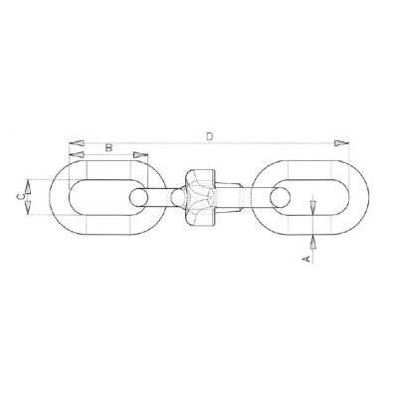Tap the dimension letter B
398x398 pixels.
coord(106,148)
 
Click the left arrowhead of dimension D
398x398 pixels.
coord(74,142)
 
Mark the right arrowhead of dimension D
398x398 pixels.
coord(340,142)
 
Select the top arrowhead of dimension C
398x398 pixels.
coord(29,182)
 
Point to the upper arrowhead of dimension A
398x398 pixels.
coord(314,207)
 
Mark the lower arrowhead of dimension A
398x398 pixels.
coord(314,239)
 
